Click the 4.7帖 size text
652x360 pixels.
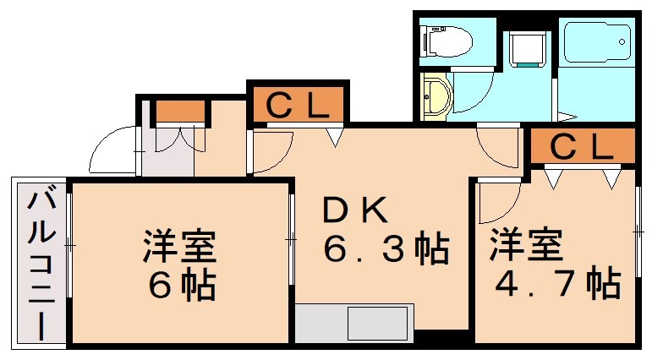(557, 283)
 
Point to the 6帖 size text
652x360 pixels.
(180, 286)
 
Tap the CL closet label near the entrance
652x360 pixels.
(297, 106)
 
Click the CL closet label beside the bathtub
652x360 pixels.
(582, 147)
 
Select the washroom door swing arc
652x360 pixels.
(474, 94)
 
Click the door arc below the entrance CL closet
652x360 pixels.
(273, 152)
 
